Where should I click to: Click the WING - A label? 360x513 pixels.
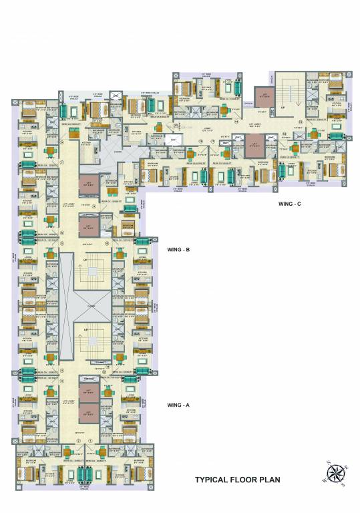(178, 405)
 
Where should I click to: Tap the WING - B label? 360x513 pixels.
(178, 250)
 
